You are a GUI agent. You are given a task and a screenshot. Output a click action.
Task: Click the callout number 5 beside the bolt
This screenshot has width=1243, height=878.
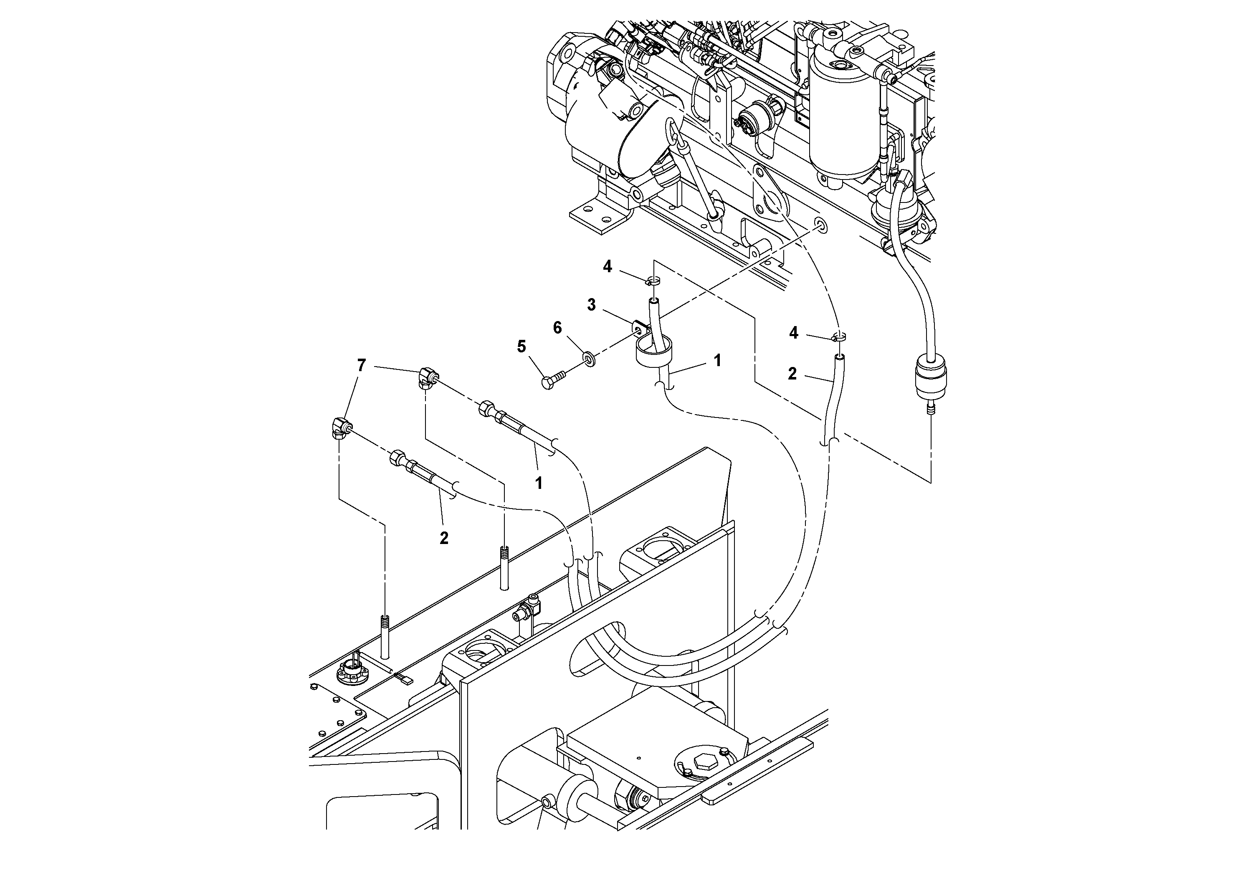[x=522, y=347]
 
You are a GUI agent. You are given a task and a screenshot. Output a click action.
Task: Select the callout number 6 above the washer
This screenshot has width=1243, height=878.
[x=557, y=328]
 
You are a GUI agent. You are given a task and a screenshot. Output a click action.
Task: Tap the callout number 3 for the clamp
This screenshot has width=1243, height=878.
[x=591, y=305]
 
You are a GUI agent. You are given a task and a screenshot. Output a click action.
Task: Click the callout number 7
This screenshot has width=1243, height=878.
[x=361, y=366]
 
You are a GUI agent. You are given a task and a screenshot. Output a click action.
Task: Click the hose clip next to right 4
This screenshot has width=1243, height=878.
[x=838, y=338]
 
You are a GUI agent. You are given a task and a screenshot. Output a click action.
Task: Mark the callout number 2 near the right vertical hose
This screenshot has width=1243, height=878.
[x=792, y=374]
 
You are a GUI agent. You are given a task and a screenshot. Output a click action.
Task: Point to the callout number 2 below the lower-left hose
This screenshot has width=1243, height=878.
[x=444, y=537]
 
